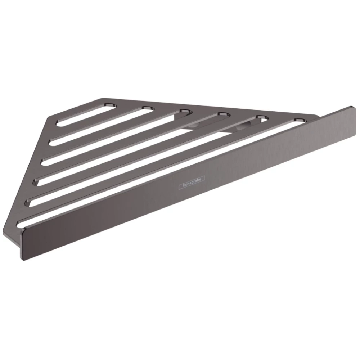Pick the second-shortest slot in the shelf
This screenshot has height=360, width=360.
101,126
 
